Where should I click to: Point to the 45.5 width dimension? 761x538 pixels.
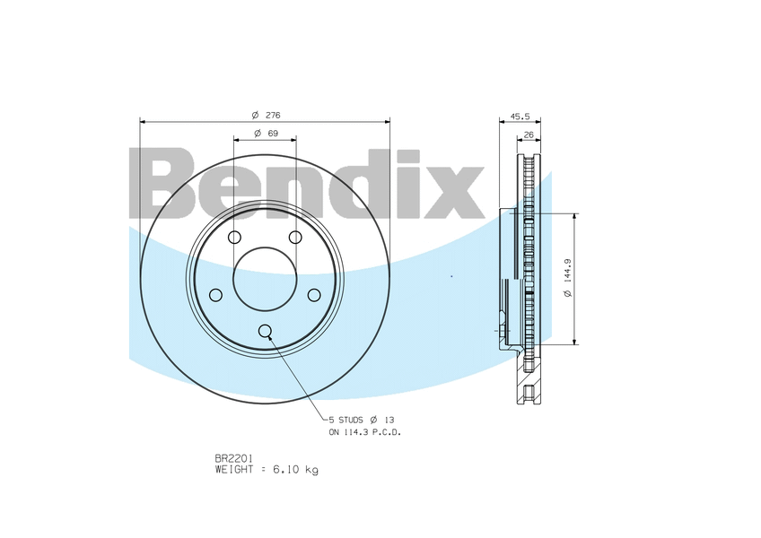520,116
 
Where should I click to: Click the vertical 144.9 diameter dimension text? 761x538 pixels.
566,279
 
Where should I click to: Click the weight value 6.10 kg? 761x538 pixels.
300,469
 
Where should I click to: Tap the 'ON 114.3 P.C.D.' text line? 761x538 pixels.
364,432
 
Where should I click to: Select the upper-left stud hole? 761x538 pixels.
234,237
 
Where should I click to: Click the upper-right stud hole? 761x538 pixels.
295,237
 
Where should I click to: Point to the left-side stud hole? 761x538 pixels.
215,295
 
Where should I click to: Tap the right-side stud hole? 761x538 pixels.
314,295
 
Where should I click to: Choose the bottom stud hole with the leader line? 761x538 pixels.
265,331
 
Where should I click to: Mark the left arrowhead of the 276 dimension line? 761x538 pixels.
144,121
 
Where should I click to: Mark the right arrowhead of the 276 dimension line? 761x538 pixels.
387,121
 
